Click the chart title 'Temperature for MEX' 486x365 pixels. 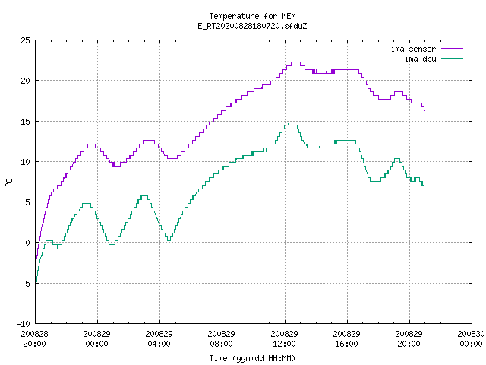(252, 16)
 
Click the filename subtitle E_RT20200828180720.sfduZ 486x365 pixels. (252, 26)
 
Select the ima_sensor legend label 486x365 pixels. (413, 49)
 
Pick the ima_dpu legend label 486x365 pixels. (421, 59)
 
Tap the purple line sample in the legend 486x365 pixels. (453, 49)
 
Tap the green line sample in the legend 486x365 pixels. (453, 59)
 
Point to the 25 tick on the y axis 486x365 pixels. (26, 40)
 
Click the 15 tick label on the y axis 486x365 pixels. (26, 122)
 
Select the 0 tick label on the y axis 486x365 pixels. (27, 243)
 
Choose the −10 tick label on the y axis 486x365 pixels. (24, 324)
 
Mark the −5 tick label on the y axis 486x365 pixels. (25, 284)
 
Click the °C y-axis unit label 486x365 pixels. (8, 182)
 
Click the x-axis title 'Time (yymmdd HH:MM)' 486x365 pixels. (252, 358)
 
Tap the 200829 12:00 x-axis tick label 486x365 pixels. (284, 339)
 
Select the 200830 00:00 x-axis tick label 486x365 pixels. (471, 339)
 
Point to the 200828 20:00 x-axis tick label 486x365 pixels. (35, 339)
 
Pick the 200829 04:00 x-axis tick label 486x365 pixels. (159, 339)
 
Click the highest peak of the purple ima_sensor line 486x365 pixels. (295, 62)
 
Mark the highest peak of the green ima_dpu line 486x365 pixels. (292, 122)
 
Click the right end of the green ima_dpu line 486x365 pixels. (424, 189)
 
